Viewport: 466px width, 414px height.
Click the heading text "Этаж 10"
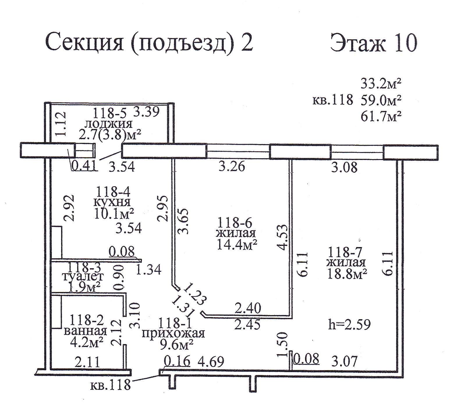point(374,43)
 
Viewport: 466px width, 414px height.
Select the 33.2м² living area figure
point(381,84)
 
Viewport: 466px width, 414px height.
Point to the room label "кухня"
point(112,202)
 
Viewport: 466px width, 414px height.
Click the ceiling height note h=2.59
point(349,325)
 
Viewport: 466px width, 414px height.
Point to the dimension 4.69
point(211,362)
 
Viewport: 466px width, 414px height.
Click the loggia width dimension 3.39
point(146,111)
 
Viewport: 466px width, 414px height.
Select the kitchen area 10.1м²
point(114,214)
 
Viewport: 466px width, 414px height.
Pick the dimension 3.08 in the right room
point(345,168)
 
